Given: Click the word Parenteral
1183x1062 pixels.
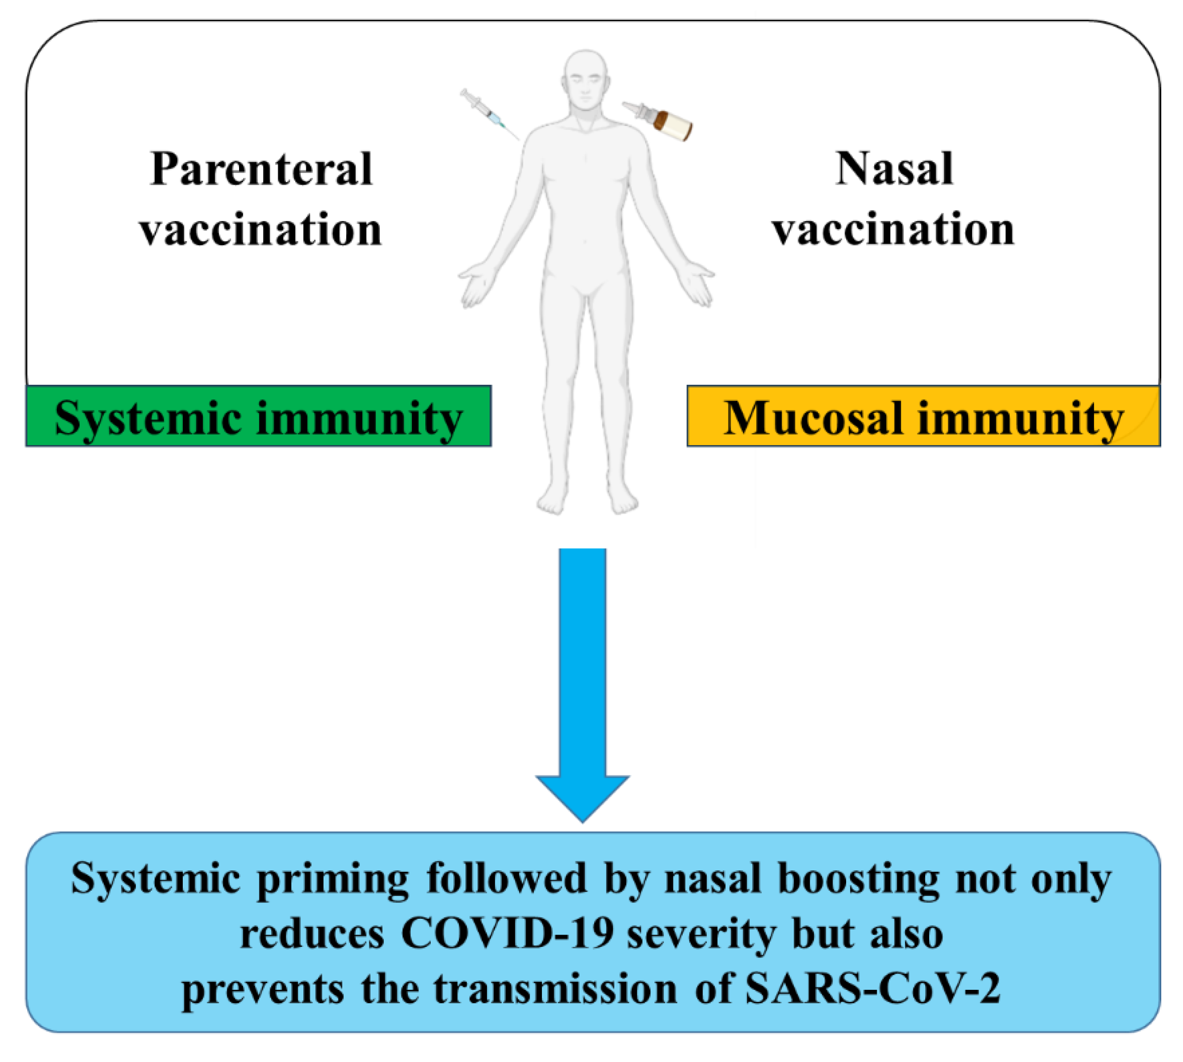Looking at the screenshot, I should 261,169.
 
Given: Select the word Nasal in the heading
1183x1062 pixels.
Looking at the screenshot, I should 894,169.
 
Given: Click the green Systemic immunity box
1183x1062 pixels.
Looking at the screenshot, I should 258,416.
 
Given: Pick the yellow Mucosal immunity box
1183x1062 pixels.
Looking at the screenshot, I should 923,416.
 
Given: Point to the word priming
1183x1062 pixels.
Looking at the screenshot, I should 332,880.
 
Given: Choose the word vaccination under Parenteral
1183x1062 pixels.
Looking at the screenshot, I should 261,230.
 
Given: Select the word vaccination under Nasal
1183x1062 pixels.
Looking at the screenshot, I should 894,230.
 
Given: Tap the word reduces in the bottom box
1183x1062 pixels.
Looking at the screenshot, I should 312,935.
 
